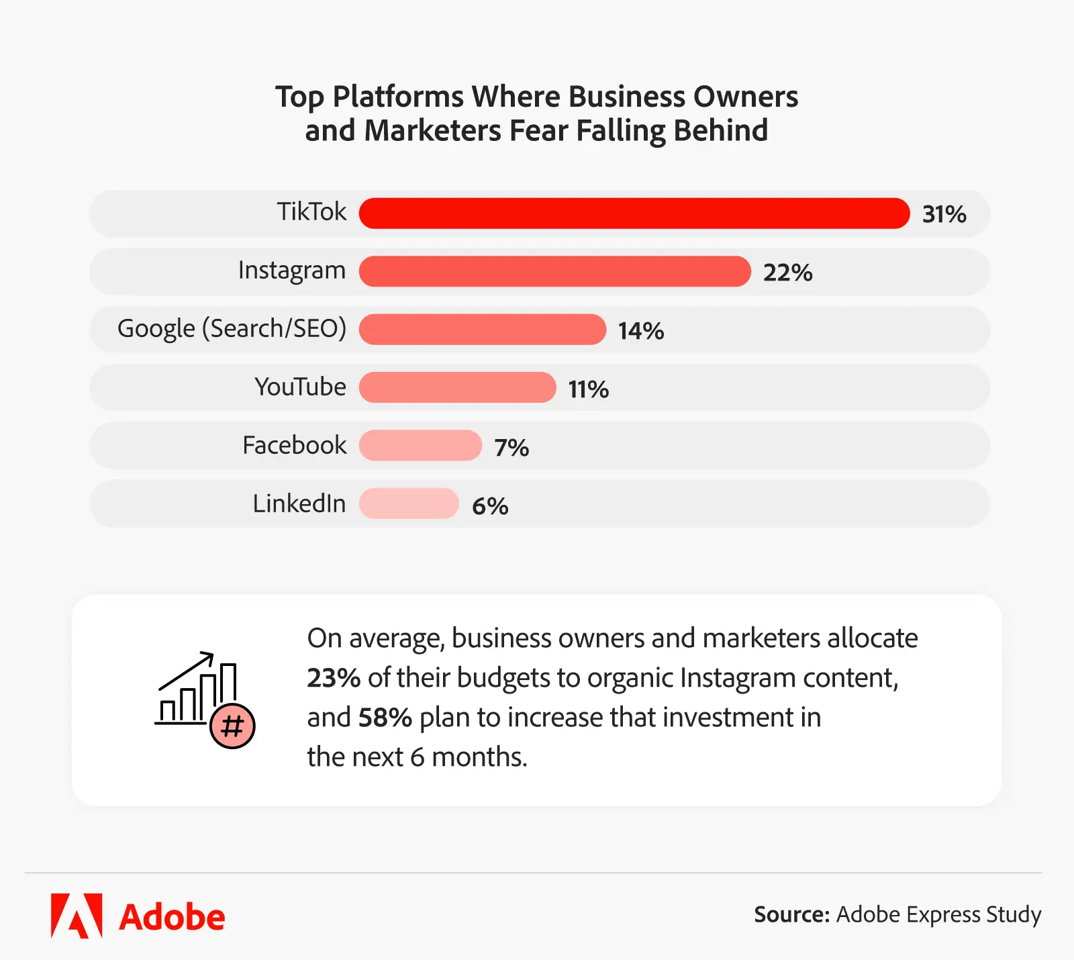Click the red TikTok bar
tap(634, 213)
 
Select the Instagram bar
tap(554, 271)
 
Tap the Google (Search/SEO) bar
tap(482, 330)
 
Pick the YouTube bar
tap(457, 387)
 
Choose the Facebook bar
tap(420, 446)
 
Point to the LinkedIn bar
tap(409, 503)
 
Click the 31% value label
tap(944, 215)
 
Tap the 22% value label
tap(787, 273)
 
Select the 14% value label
tap(640, 331)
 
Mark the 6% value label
tap(490, 506)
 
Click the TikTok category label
tap(311, 212)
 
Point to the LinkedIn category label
tap(299, 503)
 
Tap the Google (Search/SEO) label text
tap(232, 329)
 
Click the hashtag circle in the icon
tap(232, 726)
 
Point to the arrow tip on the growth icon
tap(211, 654)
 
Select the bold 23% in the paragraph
tap(334, 678)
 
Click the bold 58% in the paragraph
tap(385, 718)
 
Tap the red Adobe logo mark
tap(77, 916)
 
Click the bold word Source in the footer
tap(791, 915)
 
